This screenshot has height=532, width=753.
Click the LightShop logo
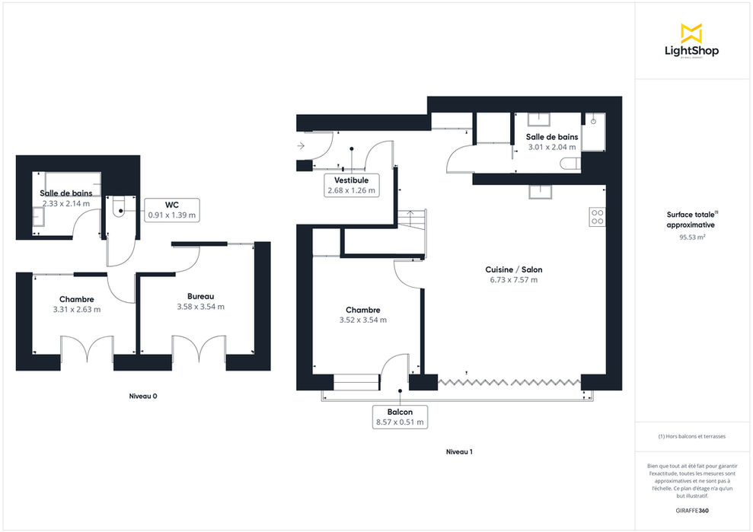point(691,41)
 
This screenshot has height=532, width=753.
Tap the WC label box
point(172,210)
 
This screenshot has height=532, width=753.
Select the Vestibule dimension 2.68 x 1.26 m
point(352,190)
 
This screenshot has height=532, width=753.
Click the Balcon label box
point(400,417)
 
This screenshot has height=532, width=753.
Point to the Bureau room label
point(201,296)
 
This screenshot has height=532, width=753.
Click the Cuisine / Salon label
point(514,269)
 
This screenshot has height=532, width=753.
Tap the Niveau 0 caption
point(143,396)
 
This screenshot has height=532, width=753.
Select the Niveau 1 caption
point(459,452)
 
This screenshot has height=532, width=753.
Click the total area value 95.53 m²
point(692,237)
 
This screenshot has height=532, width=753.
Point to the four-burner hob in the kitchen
point(598,217)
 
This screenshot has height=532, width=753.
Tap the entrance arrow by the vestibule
point(301,145)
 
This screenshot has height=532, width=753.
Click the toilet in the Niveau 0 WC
point(119,208)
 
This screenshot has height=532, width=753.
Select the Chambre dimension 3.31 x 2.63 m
point(77,310)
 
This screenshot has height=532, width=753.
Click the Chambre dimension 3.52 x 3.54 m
point(363,320)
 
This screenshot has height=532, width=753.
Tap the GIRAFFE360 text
point(692,511)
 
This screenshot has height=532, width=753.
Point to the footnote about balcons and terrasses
point(692,436)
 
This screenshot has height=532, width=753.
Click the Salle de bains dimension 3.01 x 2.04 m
point(552,148)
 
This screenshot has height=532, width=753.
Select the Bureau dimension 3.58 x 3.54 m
point(201,307)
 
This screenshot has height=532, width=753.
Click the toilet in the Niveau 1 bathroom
point(570,164)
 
